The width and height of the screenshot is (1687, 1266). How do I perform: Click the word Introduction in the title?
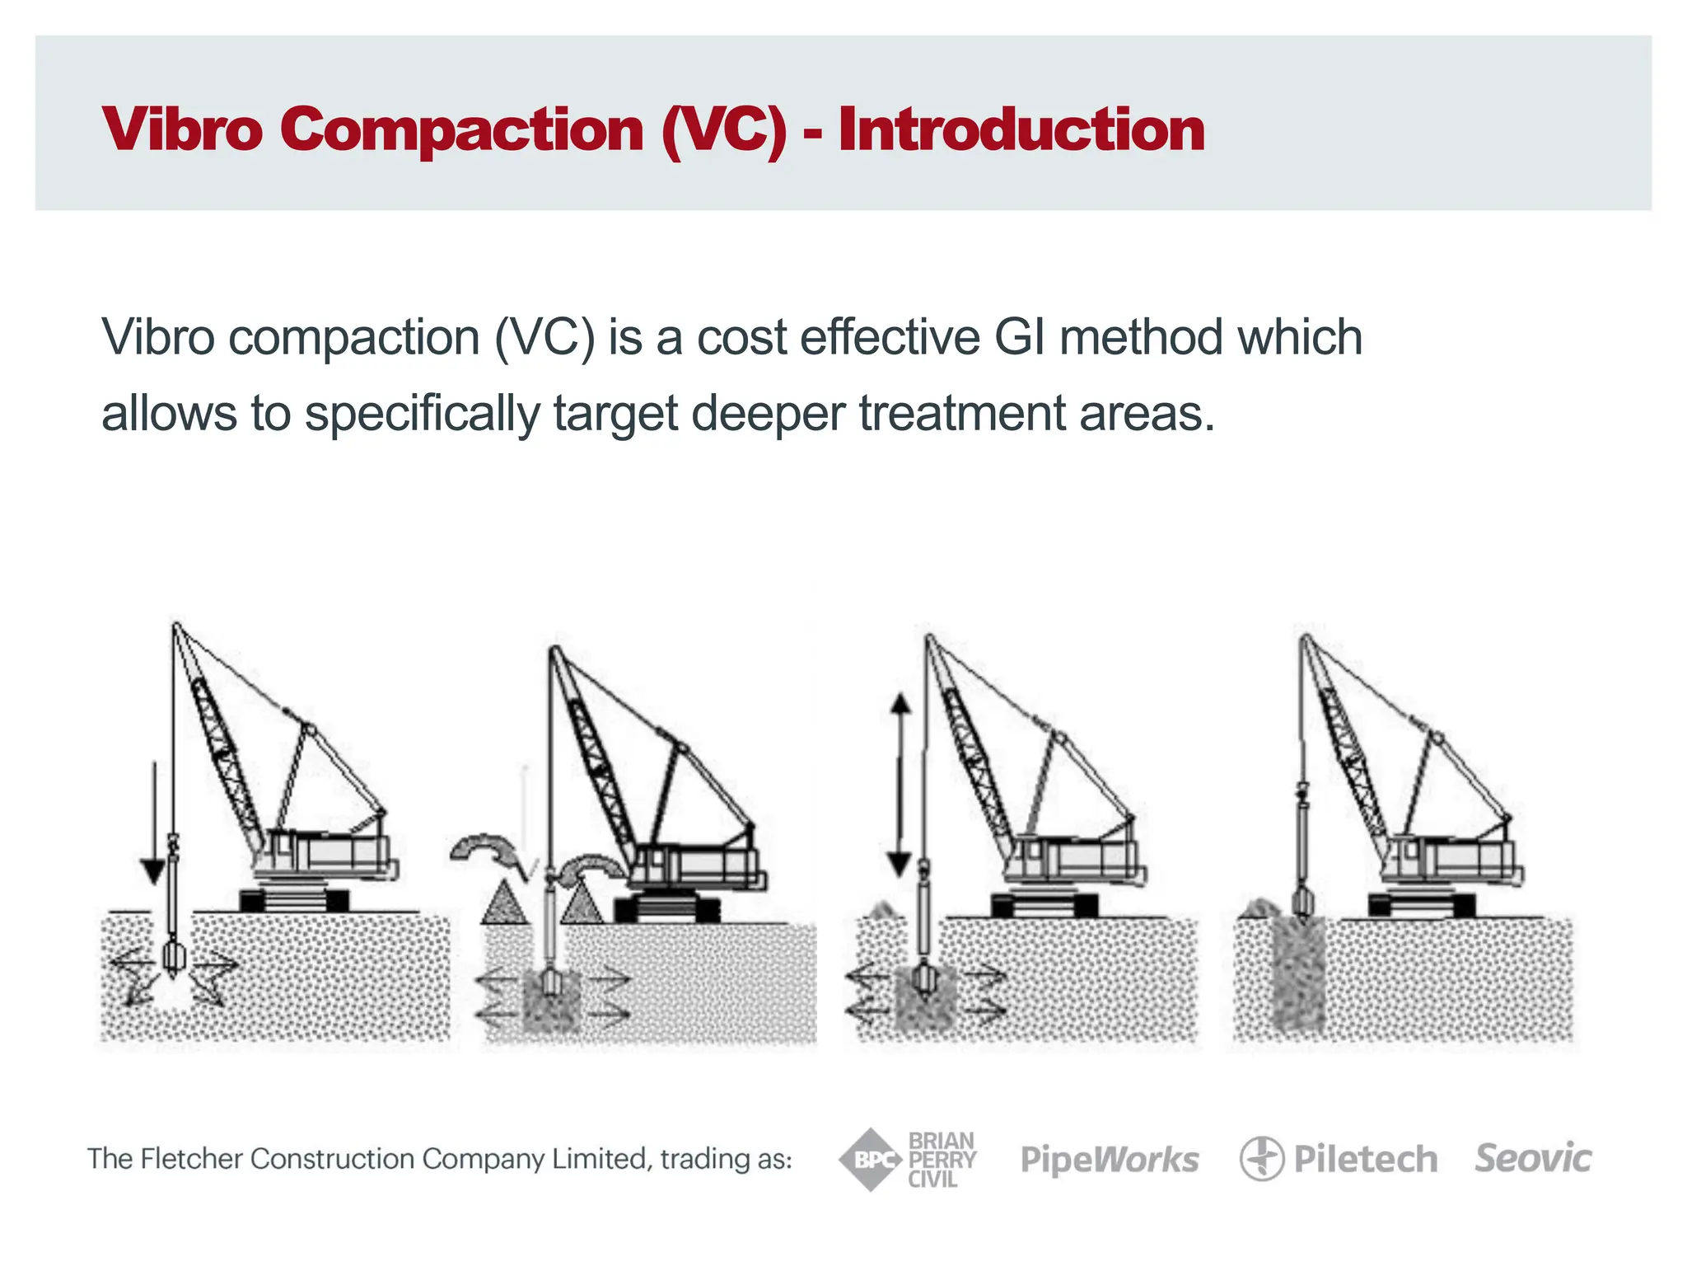(x=1021, y=130)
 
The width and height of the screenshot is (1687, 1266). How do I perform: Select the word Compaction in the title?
(x=461, y=130)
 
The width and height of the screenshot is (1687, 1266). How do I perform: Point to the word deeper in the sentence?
(x=768, y=414)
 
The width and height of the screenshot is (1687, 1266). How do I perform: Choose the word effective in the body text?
(x=890, y=338)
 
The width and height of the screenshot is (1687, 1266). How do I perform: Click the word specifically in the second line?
(x=422, y=414)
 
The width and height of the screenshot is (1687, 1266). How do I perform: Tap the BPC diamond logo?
(x=870, y=1160)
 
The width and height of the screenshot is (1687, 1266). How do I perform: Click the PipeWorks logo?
(x=1110, y=1160)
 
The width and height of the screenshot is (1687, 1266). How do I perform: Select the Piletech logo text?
(x=1365, y=1160)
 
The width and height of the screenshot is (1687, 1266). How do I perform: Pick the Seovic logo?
(x=1532, y=1158)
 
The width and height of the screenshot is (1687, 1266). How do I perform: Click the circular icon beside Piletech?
(x=1261, y=1159)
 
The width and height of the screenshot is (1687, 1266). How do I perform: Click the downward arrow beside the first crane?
(x=154, y=824)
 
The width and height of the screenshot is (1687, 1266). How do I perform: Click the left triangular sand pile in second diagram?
(x=504, y=903)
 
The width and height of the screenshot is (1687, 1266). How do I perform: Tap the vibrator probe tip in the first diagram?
(x=174, y=958)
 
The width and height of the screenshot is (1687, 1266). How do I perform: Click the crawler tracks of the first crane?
(x=294, y=900)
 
